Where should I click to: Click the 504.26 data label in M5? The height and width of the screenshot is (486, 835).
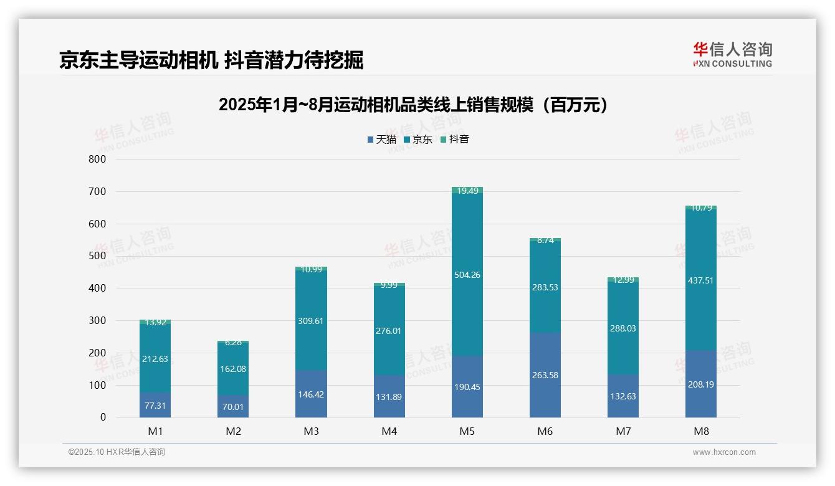click(x=467, y=275)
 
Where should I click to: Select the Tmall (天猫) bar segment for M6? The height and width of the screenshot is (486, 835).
click(x=545, y=374)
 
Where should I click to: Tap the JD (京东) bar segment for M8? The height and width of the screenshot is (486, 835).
click(x=700, y=280)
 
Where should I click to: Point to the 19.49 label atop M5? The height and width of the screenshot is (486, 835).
click(x=467, y=191)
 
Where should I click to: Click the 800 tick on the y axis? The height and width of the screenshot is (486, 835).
click(x=97, y=159)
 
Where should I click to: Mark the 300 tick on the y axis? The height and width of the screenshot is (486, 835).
click(x=97, y=320)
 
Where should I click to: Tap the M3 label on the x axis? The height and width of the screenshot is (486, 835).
click(x=311, y=431)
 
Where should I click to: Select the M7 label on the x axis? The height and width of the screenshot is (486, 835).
click(x=623, y=431)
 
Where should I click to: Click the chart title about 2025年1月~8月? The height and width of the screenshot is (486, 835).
click(x=413, y=105)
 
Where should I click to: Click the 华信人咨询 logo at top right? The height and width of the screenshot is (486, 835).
click(x=732, y=54)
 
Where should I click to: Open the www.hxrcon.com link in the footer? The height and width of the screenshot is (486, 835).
click(x=723, y=452)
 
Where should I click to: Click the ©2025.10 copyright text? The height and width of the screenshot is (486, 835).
click(x=117, y=452)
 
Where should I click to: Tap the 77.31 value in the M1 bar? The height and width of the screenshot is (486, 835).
click(x=155, y=405)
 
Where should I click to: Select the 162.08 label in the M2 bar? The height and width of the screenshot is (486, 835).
click(x=233, y=369)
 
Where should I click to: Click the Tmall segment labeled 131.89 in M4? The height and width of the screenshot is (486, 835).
click(x=389, y=396)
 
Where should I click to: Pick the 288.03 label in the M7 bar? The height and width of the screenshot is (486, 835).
click(x=623, y=328)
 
